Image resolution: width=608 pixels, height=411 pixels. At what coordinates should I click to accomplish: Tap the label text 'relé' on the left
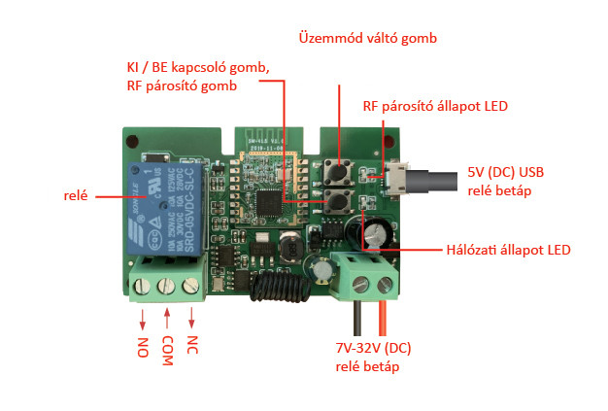74,194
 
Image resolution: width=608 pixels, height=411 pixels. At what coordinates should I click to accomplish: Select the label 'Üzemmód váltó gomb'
366,38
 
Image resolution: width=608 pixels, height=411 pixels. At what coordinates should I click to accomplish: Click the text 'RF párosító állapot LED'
436,106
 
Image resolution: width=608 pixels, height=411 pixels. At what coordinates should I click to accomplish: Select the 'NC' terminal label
194,346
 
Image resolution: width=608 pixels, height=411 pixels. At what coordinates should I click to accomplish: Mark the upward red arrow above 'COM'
169,319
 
